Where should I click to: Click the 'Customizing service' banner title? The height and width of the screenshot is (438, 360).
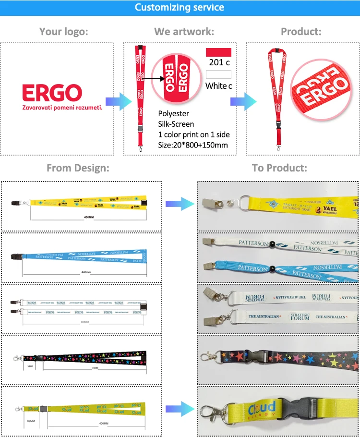[x=180, y=7]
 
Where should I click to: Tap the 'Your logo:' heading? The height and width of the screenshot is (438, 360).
[x=64, y=32]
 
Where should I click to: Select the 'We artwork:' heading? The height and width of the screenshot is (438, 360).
[x=184, y=32]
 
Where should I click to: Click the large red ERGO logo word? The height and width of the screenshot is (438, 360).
[x=52, y=93]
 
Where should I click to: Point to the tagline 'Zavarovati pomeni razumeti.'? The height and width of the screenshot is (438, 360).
[x=62, y=108]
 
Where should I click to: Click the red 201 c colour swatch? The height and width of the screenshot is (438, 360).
[x=218, y=52]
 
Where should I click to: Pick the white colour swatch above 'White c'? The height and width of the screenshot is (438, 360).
[x=218, y=74]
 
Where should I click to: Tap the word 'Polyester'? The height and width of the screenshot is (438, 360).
[x=173, y=114]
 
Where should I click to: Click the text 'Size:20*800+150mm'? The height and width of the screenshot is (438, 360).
[x=193, y=145]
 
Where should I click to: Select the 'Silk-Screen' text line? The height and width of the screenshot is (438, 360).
[x=176, y=124]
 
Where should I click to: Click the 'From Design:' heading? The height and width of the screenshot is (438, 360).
[x=78, y=168]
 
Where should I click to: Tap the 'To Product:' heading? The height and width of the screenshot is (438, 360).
[x=279, y=168]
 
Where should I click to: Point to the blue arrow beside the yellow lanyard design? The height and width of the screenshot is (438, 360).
[x=180, y=204]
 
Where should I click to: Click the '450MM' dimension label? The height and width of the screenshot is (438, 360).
[x=89, y=218]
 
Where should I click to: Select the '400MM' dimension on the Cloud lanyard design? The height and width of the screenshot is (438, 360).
[x=104, y=424]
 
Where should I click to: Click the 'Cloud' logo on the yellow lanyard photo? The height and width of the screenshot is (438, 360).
[x=262, y=408]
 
